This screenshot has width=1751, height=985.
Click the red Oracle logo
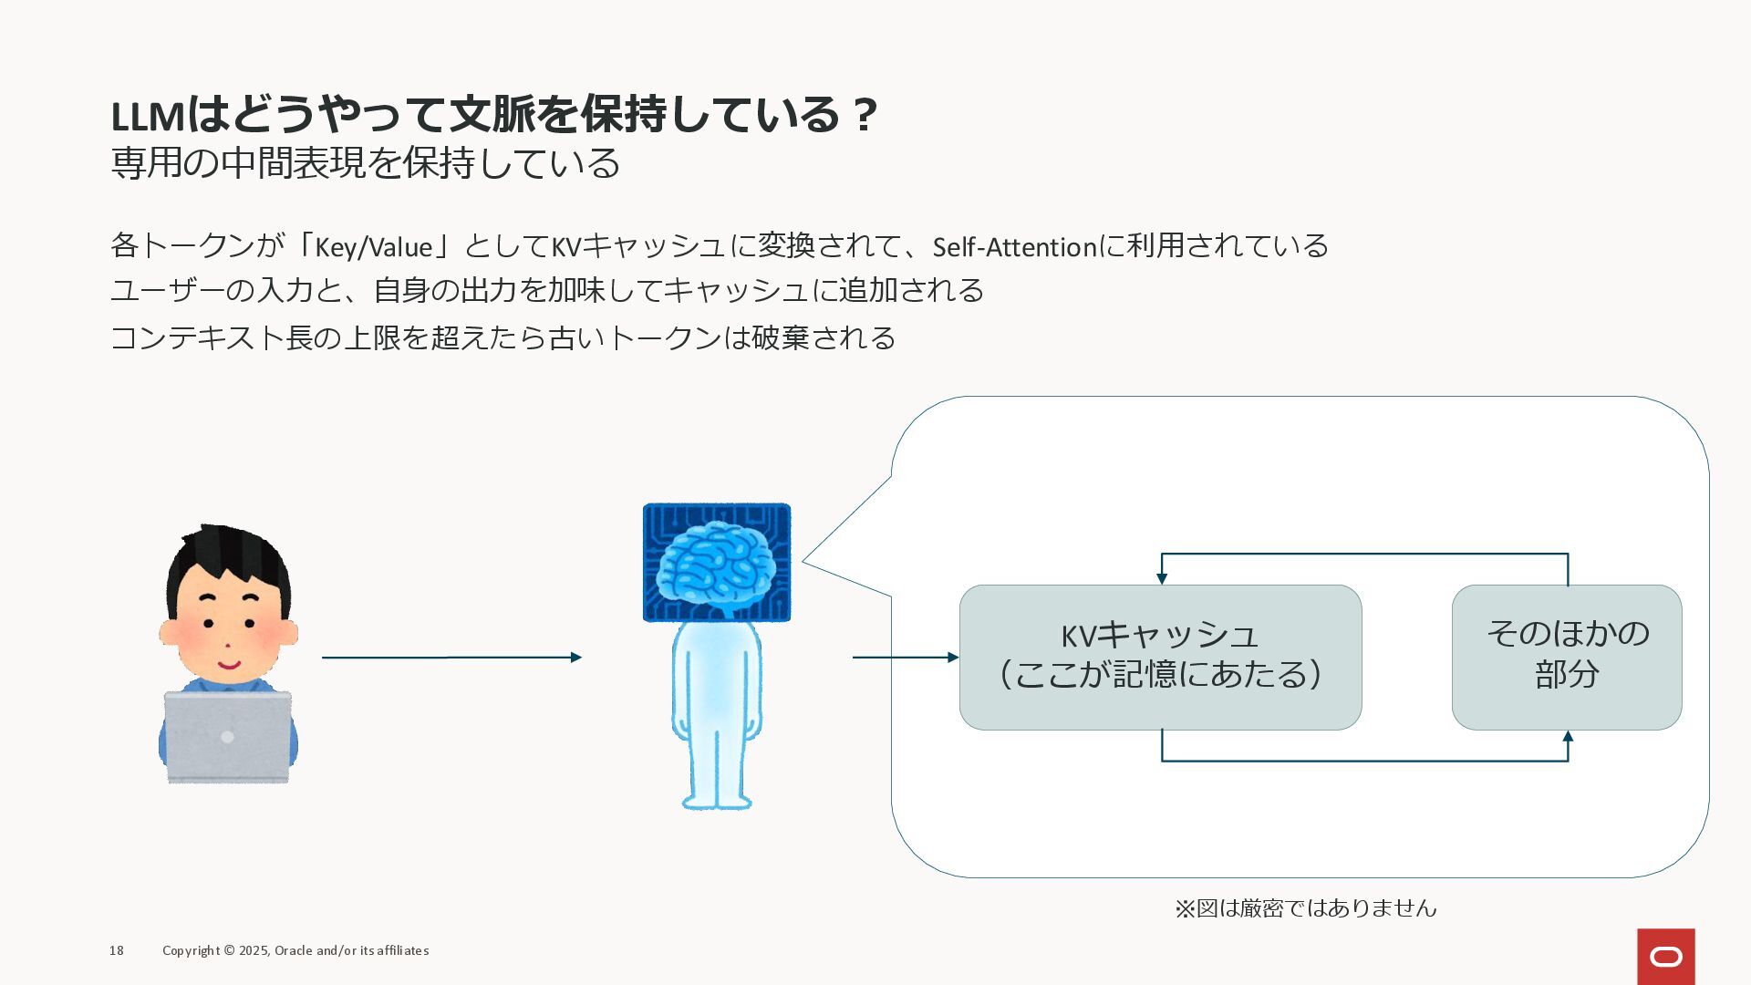coord(1665,956)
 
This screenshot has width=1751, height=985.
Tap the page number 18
coord(117,950)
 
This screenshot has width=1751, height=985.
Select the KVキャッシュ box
coord(1160,657)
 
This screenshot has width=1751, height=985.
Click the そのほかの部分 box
coord(1567,657)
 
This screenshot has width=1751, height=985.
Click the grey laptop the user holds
coord(227,736)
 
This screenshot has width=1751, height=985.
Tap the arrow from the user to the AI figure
coord(451,657)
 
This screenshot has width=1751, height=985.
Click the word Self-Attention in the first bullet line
coord(1014,247)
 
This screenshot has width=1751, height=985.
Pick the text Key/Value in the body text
coord(373,247)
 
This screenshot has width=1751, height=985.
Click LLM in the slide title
coord(148,117)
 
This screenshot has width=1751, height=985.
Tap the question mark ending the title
coord(865,115)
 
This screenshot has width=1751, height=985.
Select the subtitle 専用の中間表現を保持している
coord(365,163)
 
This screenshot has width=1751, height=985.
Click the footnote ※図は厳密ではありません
coord(1305,908)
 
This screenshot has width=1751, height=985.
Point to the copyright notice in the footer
coord(295,950)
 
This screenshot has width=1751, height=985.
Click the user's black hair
coord(228,556)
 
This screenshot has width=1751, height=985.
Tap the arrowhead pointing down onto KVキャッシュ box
coord(1162,577)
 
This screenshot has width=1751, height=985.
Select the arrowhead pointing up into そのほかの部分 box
coord(1568,737)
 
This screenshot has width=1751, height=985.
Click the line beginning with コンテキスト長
coord(503,338)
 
